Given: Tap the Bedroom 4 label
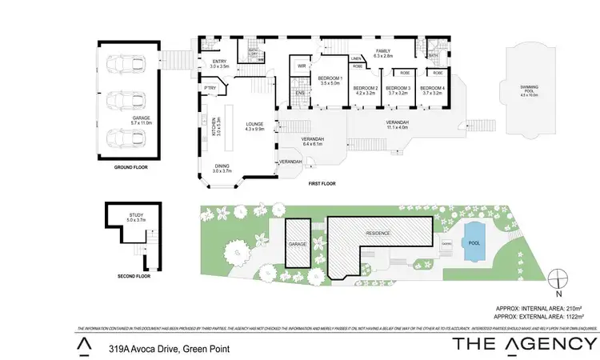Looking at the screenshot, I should click(x=432, y=90).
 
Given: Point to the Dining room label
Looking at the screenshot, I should click(x=222, y=168).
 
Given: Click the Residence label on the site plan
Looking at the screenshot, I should click(x=378, y=233).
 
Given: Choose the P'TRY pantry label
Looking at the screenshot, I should click(x=211, y=88).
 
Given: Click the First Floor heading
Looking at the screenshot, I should click(x=322, y=183).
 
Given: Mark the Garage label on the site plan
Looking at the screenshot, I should click(x=298, y=242).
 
